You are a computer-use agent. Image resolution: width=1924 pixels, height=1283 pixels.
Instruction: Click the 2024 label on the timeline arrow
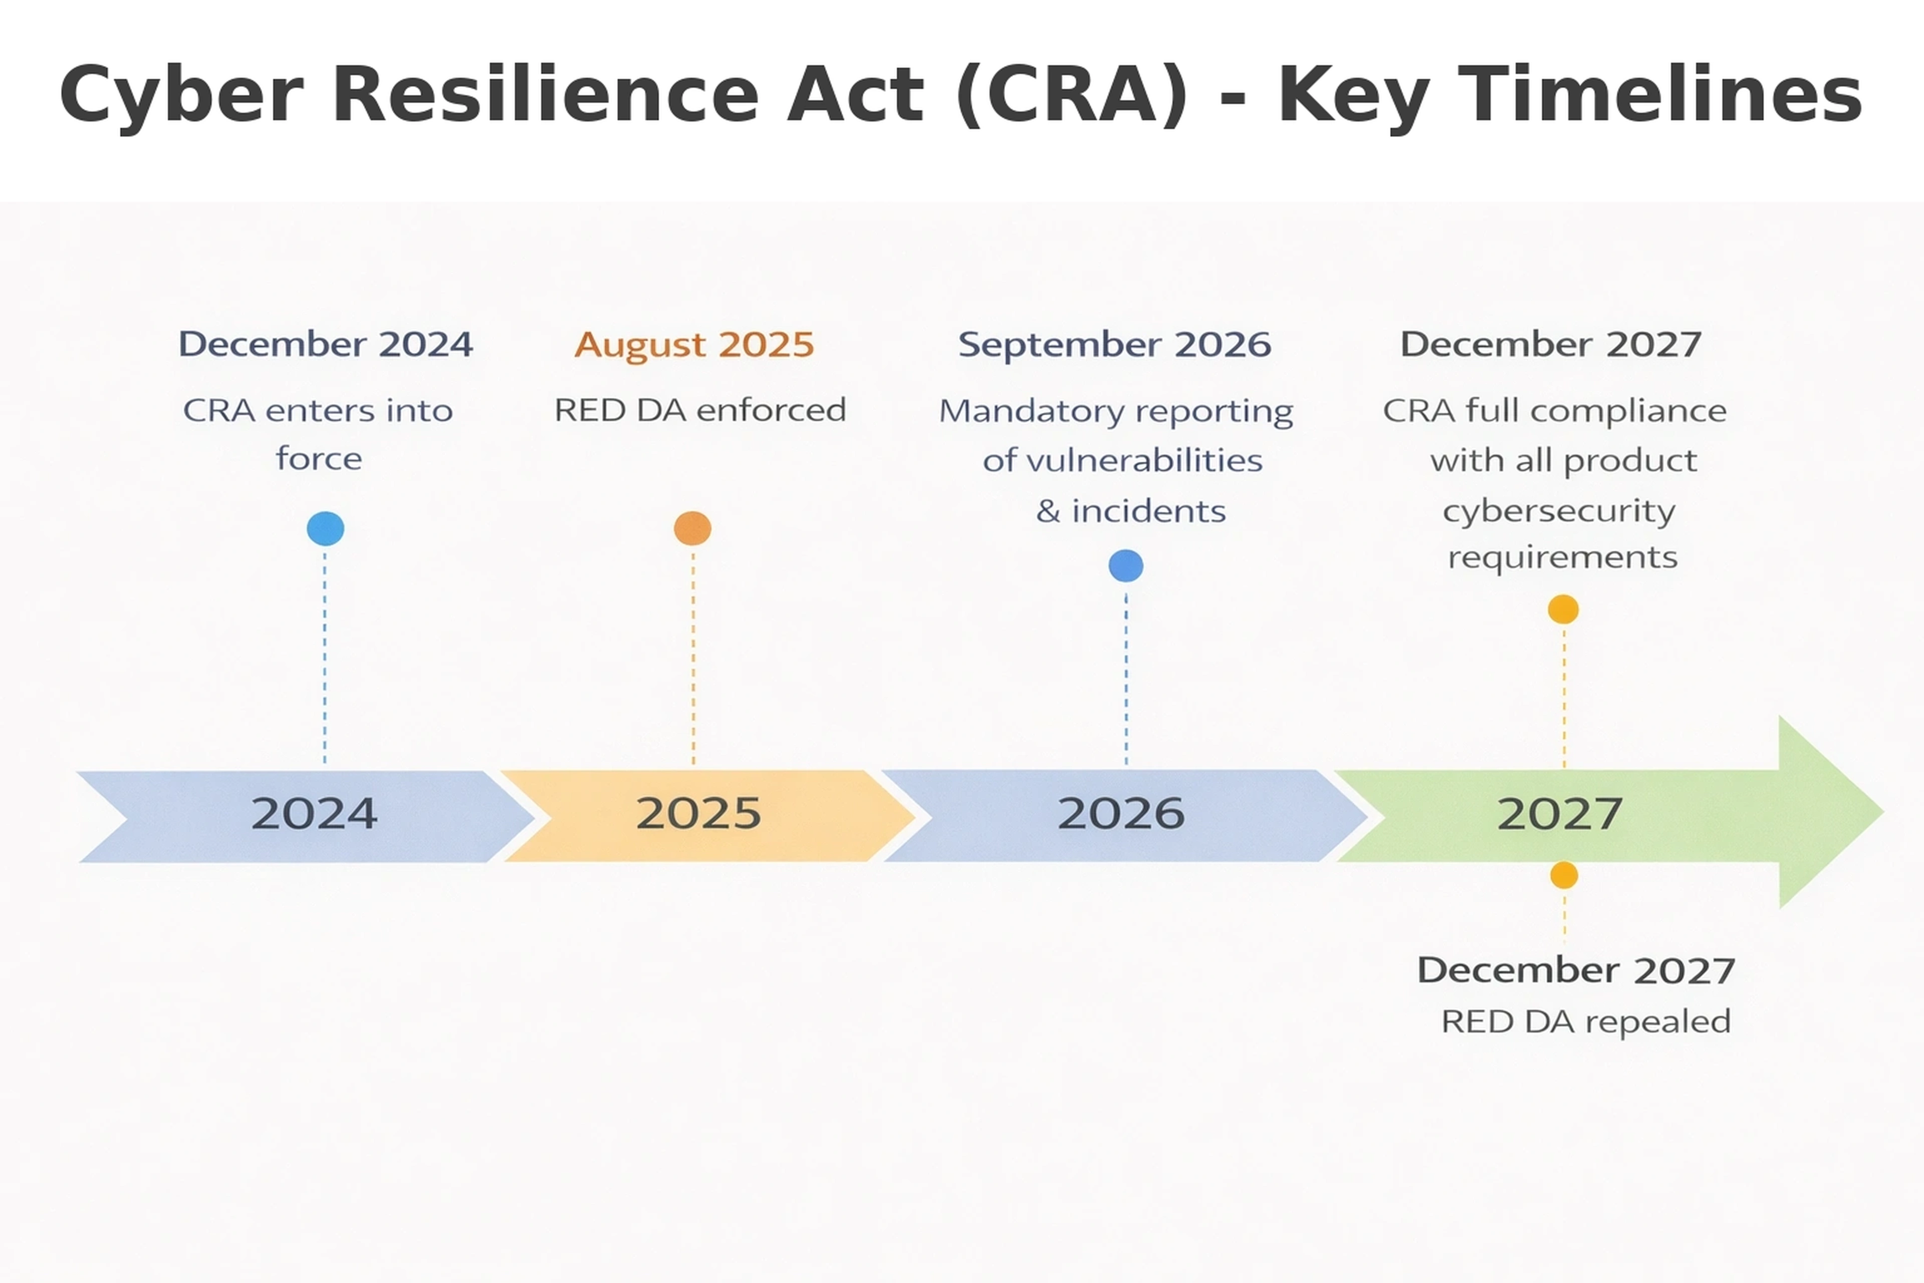pos(314,813)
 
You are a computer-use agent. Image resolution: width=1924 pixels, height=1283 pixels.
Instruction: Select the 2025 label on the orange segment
pos(698,813)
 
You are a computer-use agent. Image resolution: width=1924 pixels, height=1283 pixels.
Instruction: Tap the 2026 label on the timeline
pos(1121,813)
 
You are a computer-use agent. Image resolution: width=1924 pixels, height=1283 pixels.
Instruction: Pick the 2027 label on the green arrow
pos(1559,814)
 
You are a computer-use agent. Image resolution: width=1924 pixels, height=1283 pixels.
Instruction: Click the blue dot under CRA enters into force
pos(326,529)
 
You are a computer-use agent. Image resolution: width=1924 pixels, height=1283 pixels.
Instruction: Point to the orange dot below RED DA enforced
pos(693,529)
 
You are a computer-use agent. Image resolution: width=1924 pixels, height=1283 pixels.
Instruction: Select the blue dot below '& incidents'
pos(1126,565)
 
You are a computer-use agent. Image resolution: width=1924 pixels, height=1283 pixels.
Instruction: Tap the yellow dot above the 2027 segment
pos(1563,609)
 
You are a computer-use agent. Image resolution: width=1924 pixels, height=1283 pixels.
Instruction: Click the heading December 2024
pos(326,344)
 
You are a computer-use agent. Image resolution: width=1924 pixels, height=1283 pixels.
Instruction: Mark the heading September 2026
pos(1114,344)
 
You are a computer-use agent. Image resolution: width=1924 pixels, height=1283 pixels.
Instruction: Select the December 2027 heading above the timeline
pos(1551,344)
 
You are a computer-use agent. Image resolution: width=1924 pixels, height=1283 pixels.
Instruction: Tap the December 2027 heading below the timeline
pos(1575,970)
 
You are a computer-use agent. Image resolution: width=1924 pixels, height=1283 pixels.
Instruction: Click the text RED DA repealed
pos(1585,1022)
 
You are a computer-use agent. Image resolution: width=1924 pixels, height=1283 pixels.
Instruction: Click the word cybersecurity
pos(1559,511)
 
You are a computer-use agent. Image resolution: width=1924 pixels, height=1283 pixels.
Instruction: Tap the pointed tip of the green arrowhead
pos(1882,812)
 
